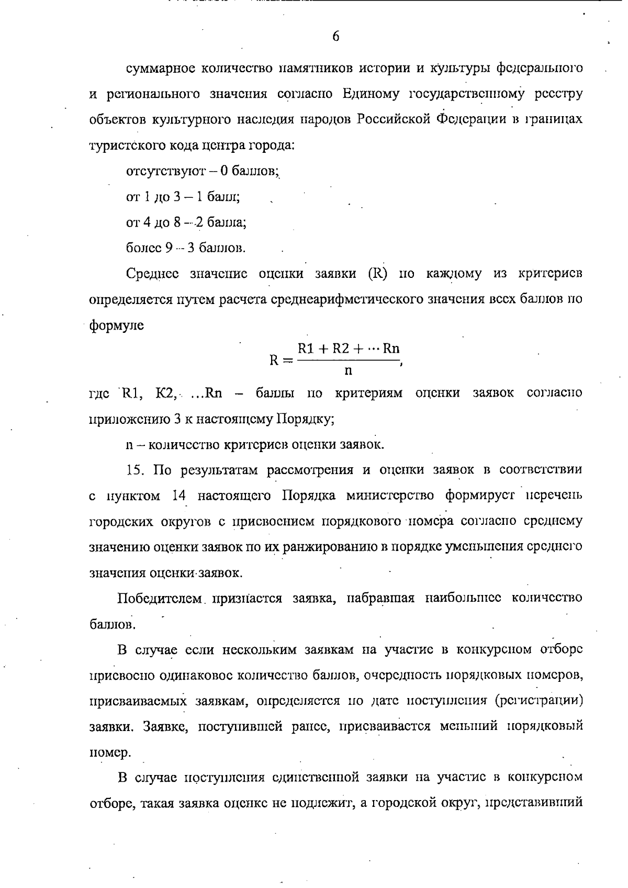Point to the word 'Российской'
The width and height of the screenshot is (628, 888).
pos(394,120)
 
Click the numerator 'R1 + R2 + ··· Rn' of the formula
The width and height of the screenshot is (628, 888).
pos(349,349)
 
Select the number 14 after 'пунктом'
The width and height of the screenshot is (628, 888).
pos(180,496)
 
